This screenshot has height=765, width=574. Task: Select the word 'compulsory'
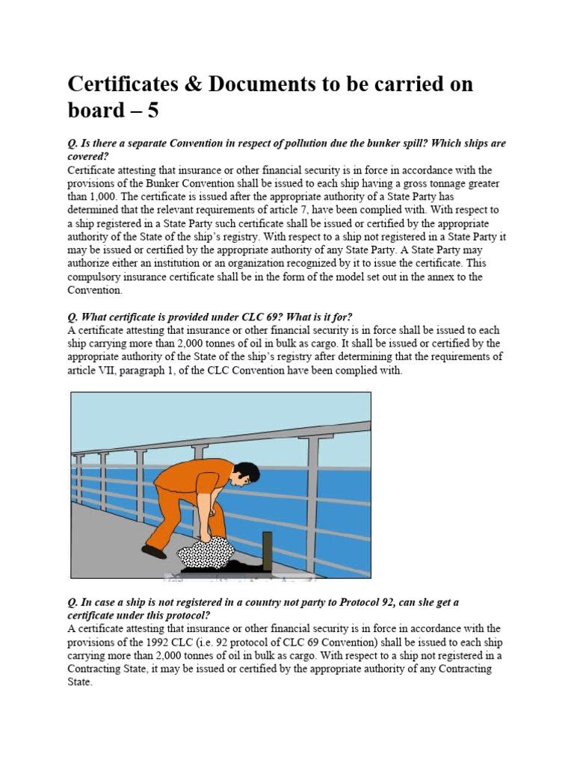pyautogui.click(x=95, y=277)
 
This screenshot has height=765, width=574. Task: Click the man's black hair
pyautogui.click(x=247, y=471)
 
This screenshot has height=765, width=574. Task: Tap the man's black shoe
pyautogui.click(x=154, y=552)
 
